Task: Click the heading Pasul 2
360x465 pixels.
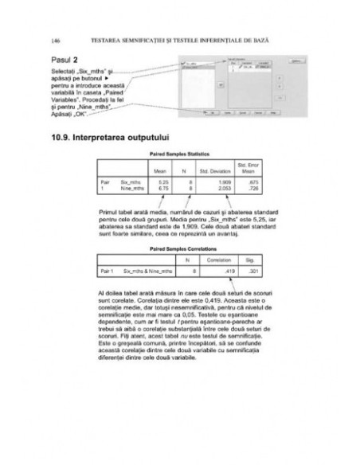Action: (66, 61)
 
